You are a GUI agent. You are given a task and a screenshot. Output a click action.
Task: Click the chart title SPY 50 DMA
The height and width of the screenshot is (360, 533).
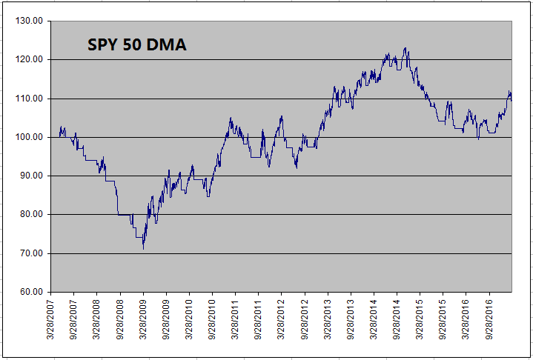(137, 45)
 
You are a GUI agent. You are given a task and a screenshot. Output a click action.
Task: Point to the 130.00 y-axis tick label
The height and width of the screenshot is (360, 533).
(31, 21)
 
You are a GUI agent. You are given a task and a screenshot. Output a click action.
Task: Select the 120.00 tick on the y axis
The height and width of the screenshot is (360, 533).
(31, 59)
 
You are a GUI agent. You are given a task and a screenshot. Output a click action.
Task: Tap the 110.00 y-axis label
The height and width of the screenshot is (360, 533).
(31, 99)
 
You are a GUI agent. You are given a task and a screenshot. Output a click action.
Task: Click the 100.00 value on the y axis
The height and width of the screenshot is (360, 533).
(31, 137)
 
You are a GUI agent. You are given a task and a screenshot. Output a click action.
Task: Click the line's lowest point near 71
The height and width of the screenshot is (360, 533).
(143, 249)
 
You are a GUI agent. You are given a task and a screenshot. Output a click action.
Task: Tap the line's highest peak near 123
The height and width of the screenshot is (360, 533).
(405, 48)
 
